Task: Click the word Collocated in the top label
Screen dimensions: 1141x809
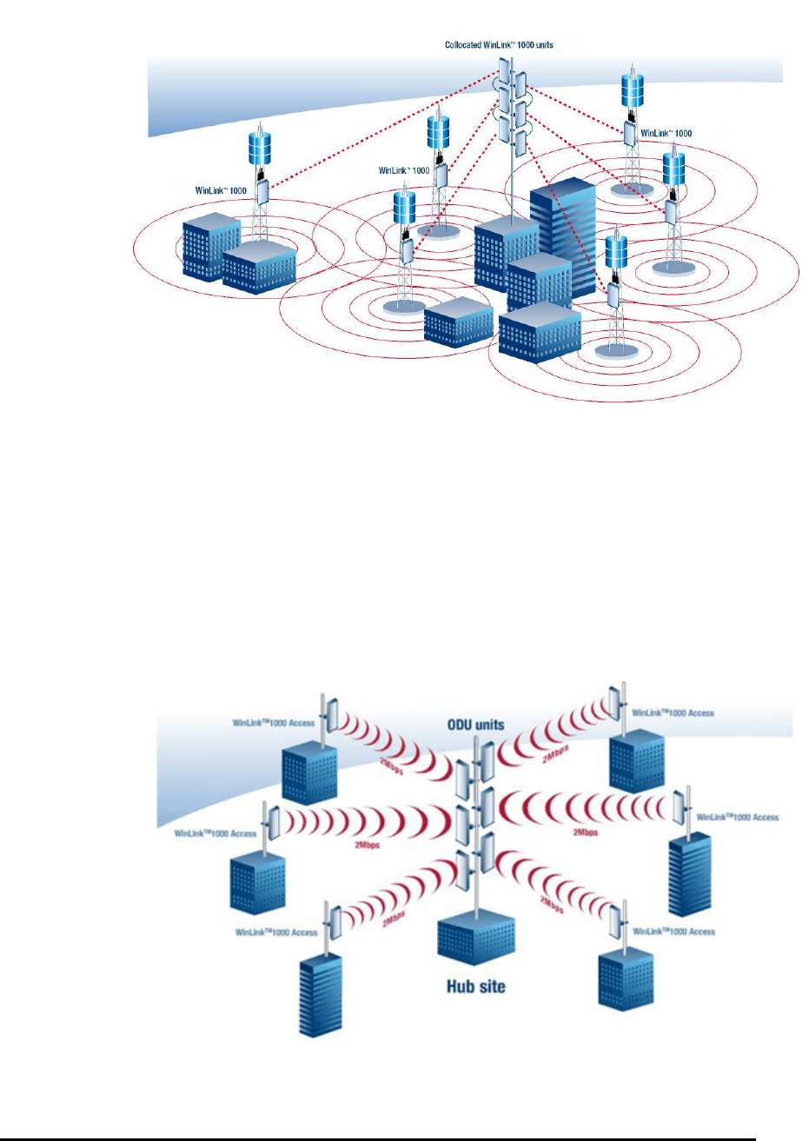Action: click(x=463, y=45)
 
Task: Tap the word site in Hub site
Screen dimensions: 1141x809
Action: click(x=491, y=986)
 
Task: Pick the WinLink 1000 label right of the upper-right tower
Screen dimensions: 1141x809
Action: click(x=666, y=134)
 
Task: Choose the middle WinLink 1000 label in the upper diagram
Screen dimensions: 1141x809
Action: click(x=404, y=170)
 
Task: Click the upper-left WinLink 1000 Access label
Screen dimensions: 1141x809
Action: click(x=274, y=722)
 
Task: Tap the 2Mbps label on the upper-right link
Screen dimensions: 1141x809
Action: click(x=555, y=753)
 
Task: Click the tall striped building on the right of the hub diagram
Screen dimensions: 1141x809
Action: click(x=689, y=874)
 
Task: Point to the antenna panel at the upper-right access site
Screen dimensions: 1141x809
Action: click(x=615, y=704)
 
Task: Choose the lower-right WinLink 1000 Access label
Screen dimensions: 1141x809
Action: click(x=673, y=932)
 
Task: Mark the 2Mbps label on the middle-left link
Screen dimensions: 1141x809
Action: click(x=367, y=845)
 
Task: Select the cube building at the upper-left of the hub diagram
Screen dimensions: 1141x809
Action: click(x=309, y=774)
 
